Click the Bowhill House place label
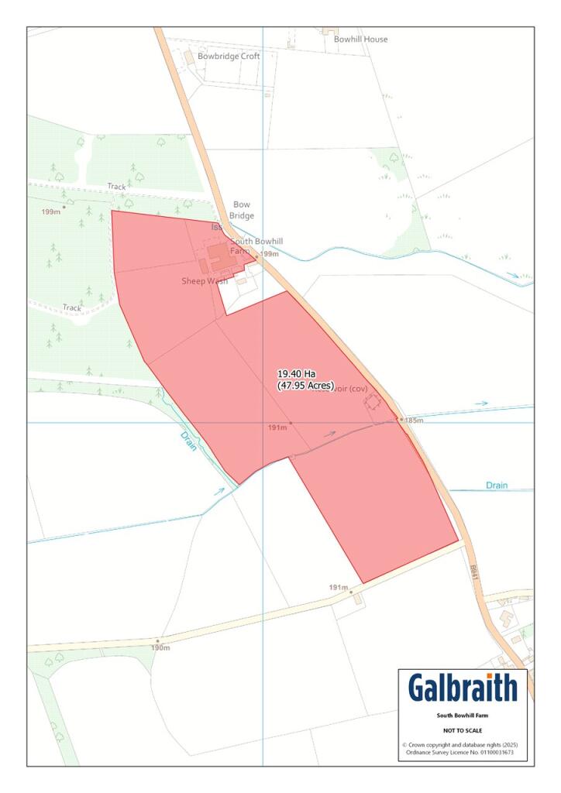(x=360, y=39)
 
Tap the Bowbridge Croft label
(x=229, y=57)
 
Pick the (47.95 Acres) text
(x=306, y=385)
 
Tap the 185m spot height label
(x=414, y=420)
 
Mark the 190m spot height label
(x=160, y=647)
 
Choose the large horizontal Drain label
(x=497, y=486)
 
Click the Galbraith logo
(x=462, y=688)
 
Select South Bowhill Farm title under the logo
(x=463, y=716)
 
